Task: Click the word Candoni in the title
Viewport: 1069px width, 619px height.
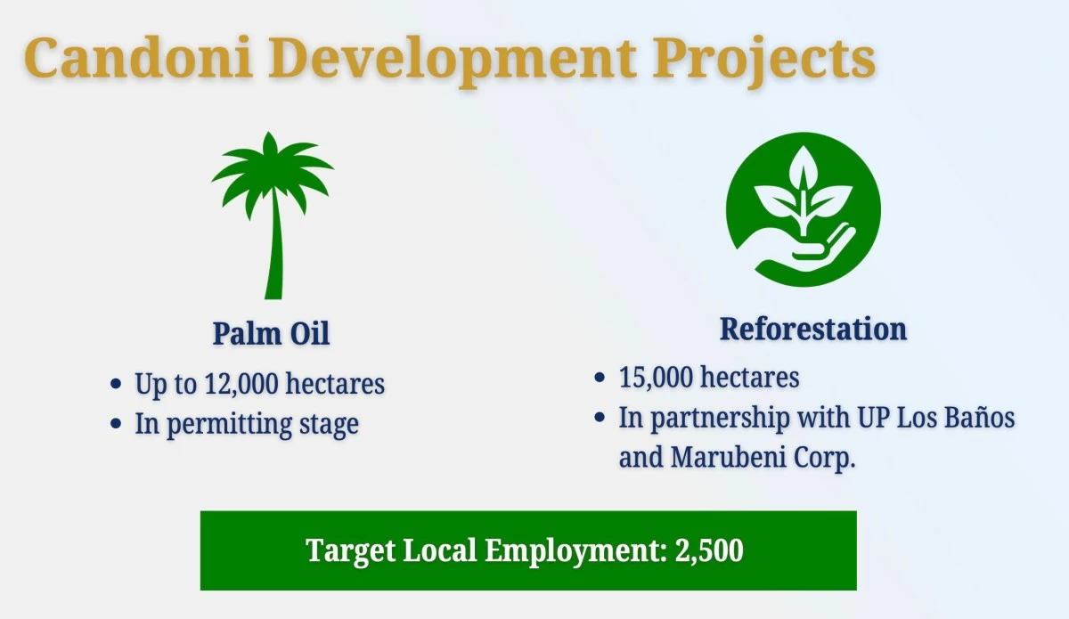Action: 138,57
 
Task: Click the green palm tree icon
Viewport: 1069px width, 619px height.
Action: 273,216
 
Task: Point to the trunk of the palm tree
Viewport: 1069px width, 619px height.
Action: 274,248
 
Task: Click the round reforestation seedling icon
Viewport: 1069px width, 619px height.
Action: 804,209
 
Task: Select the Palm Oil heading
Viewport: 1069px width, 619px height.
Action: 271,333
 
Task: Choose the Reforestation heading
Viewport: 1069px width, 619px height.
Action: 813,329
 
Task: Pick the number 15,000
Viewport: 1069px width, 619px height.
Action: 657,377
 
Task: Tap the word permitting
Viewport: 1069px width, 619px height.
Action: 229,424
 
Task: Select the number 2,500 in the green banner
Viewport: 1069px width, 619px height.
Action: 709,550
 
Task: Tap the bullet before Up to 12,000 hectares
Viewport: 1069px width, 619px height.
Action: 116,384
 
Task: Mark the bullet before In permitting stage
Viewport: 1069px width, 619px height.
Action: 116,423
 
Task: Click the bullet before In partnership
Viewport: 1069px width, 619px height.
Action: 600,417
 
